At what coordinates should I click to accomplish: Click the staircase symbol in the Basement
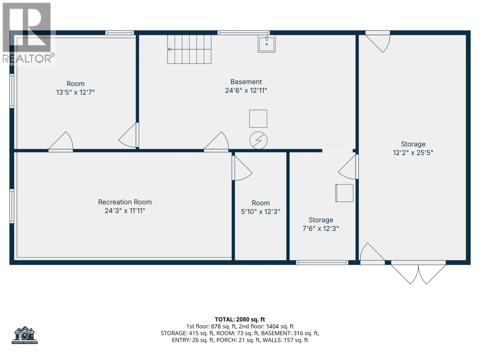coord(189,49)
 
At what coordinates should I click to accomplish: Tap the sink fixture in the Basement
coord(266,44)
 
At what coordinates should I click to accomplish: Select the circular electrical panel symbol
coord(258,140)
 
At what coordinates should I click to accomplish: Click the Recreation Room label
coord(125,202)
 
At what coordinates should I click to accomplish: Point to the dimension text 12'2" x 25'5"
coord(413,153)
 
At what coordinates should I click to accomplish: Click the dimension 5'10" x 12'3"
coord(260,212)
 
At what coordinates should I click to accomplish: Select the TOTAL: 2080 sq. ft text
coord(240,319)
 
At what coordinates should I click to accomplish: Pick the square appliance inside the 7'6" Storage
coord(344,193)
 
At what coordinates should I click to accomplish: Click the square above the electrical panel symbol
coord(258,118)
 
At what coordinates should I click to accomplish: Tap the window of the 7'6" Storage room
coord(322,262)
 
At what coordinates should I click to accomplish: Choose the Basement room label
coord(246,82)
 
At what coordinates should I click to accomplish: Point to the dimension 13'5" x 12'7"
coord(75,92)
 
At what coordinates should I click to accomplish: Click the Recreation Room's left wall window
coord(12,206)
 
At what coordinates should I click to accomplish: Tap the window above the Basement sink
coord(243,33)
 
